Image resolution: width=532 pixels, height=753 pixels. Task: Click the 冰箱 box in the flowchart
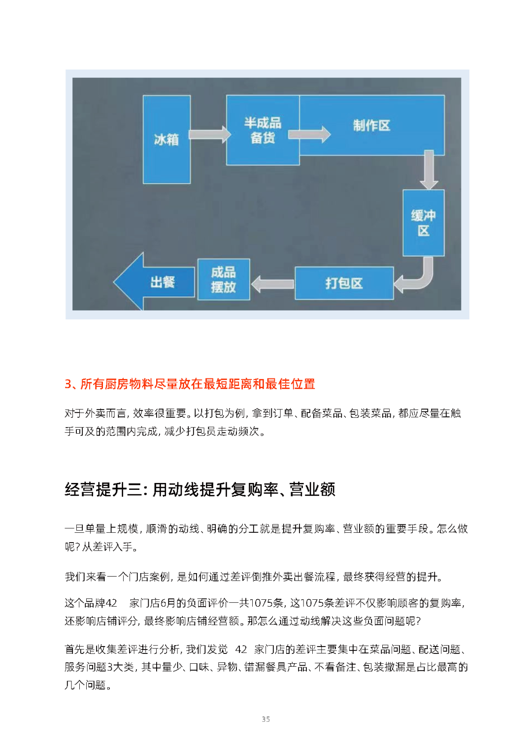[166, 139]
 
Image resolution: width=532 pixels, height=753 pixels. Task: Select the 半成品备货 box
[263, 130]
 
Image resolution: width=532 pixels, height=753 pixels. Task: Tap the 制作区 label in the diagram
[371, 126]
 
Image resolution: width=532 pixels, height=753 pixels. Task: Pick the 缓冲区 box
[423, 223]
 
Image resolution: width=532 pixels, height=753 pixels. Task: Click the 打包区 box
[344, 283]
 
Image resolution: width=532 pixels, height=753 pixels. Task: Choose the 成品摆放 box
[224, 279]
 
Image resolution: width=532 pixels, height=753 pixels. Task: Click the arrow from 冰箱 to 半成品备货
[209, 134]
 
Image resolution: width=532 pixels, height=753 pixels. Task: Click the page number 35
[266, 719]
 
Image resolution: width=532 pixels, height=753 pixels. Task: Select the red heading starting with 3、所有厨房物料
[190, 384]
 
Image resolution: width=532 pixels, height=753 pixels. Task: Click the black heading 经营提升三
[199, 489]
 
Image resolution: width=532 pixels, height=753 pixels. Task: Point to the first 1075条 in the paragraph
[266, 603]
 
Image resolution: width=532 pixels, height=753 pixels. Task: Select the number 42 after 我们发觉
[241, 650]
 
